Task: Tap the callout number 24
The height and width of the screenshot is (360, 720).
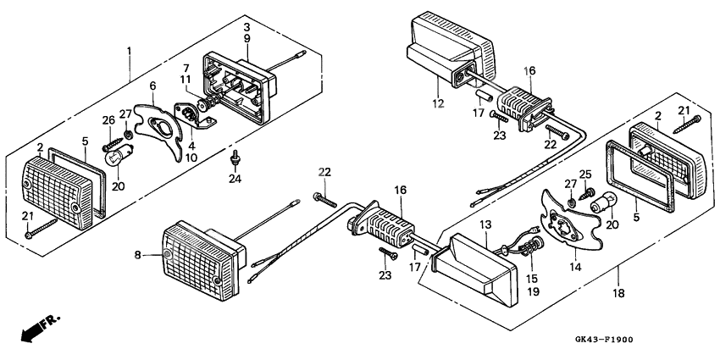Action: [235, 180]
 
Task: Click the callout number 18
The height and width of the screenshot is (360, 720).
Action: [618, 292]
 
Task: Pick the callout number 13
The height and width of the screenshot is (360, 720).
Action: [485, 224]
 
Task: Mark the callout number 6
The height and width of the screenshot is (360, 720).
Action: [152, 86]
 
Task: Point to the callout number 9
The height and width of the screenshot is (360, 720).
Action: [246, 39]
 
